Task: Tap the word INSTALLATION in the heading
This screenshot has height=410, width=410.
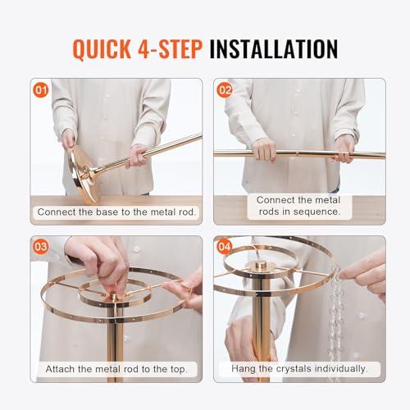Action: click(274, 49)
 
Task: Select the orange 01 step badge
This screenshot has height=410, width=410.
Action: click(41, 90)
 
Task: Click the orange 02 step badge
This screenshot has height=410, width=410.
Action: click(224, 90)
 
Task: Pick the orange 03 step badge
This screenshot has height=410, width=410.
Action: click(41, 247)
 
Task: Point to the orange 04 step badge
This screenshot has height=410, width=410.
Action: click(224, 247)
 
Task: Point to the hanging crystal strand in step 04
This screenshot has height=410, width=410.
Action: click(335, 322)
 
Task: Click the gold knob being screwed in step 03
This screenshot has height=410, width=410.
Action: click(113, 296)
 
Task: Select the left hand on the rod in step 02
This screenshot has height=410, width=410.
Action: click(264, 150)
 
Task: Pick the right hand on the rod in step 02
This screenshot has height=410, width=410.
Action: click(344, 149)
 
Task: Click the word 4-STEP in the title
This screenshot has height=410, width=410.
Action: click(170, 49)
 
